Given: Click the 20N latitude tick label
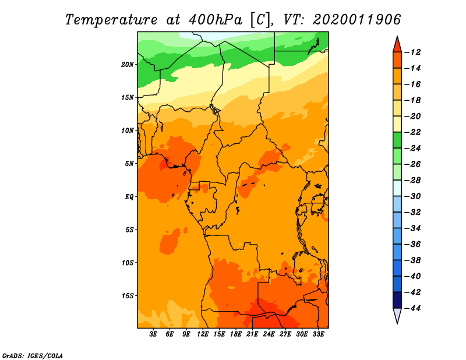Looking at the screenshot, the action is (x=128, y=65).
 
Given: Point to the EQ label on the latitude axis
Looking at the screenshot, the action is (x=129, y=197).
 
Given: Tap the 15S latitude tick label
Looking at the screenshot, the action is (x=128, y=296).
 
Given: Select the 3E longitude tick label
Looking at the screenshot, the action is (x=153, y=334).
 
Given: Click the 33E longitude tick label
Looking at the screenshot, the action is (x=318, y=334).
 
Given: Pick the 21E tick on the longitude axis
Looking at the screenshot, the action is (x=252, y=334).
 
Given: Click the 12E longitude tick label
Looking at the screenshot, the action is (x=203, y=334).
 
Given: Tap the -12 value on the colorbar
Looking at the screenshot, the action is (x=413, y=52).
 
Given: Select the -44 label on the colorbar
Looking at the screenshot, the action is (x=413, y=308).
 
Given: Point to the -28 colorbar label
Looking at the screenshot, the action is (x=413, y=181).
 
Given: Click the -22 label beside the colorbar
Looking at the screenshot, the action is (x=413, y=132).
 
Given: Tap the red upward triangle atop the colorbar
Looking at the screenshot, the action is (x=397, y=45).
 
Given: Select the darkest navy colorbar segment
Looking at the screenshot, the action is (x=397, y=300).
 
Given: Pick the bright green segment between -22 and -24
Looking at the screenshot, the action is (x=397, y=140).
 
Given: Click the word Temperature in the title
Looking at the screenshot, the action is (x=111, y=20).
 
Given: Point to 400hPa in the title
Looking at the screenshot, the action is (x=216, y=20).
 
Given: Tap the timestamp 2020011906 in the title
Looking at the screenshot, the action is (x=357, y=20).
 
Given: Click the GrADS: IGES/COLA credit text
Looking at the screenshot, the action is (x=33, y=356).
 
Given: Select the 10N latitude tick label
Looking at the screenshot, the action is (x=128, y=130).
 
